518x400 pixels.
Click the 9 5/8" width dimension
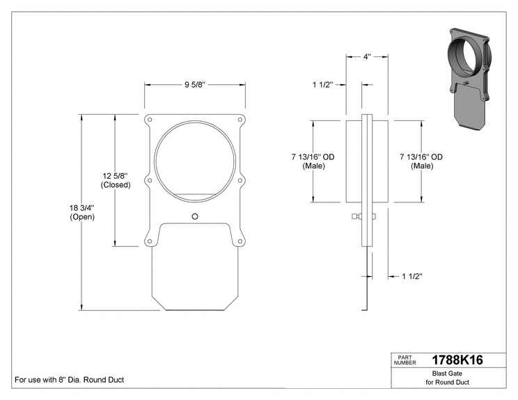click(195, 85)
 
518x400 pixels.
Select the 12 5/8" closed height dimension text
click(116, 180)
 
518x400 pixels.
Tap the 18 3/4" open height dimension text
click(82, 212)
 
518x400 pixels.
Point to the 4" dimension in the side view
click(367, 57)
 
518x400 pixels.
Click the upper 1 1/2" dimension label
click(323, 85)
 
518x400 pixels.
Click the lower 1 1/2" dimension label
click(412, 276)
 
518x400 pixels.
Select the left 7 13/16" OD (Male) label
click(313, 161)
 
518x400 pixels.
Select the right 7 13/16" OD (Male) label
click(421, 161)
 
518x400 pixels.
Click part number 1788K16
click(457, 360)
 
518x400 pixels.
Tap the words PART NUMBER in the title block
click(405, 360)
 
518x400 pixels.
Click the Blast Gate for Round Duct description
click(447, 378)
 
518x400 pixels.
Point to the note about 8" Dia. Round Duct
click(70, 380)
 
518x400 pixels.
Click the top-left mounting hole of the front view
click(149, 120)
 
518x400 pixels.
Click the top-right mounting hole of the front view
click(240, 120)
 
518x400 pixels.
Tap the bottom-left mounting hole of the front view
click(149, 241)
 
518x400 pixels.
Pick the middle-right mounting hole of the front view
click(240, 181)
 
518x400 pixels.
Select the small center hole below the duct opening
click(195, 216)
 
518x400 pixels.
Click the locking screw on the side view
click(363, 216)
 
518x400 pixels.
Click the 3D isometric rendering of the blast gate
click(468, 79)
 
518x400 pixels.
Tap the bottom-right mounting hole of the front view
click(240, 241)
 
